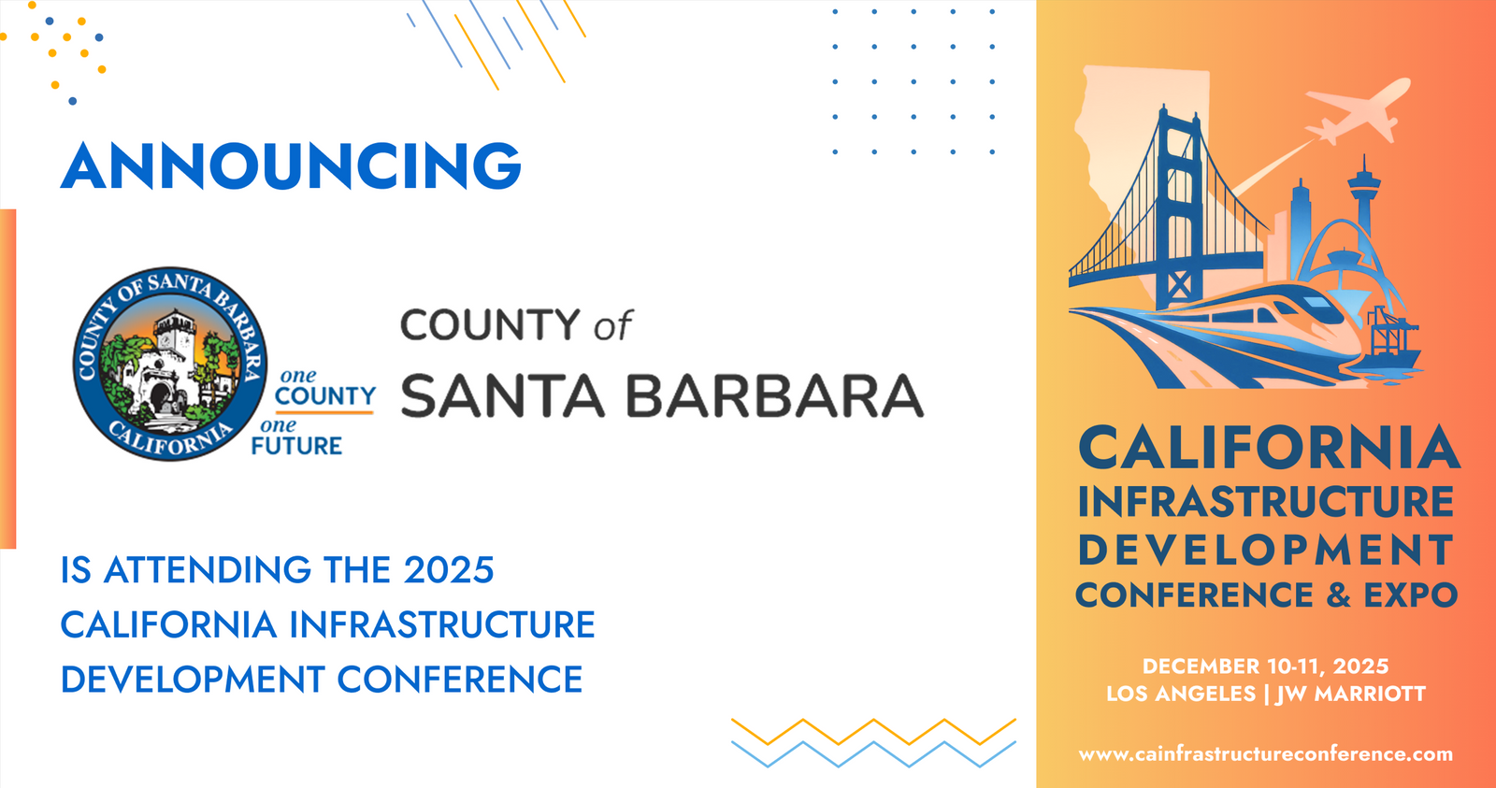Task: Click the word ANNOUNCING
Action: (x=291, y=165)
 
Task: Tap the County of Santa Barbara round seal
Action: (x=169, y=364)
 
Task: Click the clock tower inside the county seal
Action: (x=174, y=337)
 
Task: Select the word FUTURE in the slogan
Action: (x=296, y=446)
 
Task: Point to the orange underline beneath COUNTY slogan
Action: (x=324, y=413)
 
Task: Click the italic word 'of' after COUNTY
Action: (x=612, y=325)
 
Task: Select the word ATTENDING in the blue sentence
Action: (x=207, y=569)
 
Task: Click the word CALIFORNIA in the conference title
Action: (x=1268, y=448)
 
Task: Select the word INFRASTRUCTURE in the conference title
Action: (x=1266, y=502)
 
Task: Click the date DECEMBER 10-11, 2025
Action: (x=1266, y=666)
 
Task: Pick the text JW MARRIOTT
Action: (x=1350, y=694)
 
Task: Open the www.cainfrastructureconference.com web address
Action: (x=1266, y=754)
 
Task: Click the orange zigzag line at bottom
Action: (x=873, y=732)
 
